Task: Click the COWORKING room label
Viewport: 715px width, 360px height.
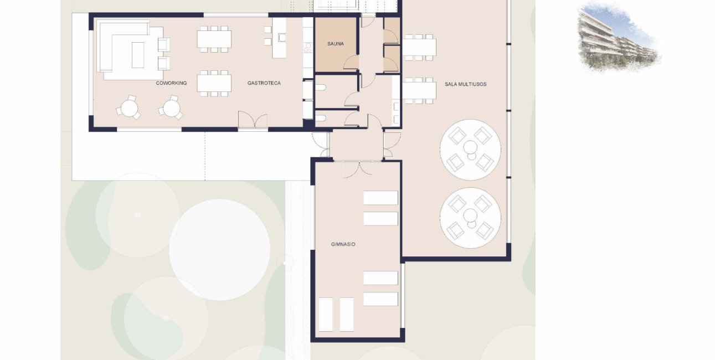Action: pos(171,83)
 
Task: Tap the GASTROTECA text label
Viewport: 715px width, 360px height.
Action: pos(264,83)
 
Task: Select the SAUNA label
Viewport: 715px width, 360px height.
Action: pos(335,43)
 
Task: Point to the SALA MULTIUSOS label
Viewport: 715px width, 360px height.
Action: pos(465,84)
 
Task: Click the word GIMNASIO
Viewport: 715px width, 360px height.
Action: pos(343,244)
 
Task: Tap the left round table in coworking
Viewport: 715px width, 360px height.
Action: pos(129,107)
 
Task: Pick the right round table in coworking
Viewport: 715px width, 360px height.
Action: pos(171,107)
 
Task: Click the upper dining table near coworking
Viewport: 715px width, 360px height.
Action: pos(214,39)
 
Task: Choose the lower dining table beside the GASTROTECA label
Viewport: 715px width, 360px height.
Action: pos(214,83)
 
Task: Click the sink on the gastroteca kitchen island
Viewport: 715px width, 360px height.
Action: pos(282,38)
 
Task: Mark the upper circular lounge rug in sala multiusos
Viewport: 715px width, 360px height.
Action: pos(470,149)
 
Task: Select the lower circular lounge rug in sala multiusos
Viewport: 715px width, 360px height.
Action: pos(470,217)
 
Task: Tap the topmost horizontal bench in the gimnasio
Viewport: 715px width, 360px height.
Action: pos(380,198)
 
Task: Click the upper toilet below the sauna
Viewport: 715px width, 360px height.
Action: pos(321,88)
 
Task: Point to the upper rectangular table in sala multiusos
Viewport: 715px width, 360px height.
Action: pos(419,47)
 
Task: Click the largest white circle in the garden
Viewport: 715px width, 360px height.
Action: pos(219,249)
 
